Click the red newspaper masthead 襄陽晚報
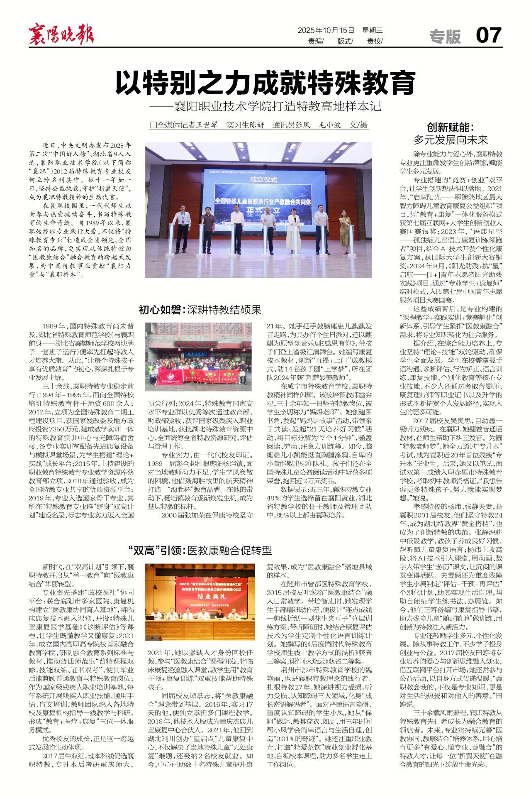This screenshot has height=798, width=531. pyautogui.click(x=61, y=34)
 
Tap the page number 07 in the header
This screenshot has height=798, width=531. pyautogui.click(x=488, y=35)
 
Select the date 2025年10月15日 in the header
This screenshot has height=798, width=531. pyautogui.click(x=326, y=30)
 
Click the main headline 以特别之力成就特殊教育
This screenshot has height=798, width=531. pyautogui.click(x=265, y=83)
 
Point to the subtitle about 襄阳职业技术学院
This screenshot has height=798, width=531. pyautogui.click(x=265, y=106)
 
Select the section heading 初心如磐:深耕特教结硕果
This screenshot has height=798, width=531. pyautogui.click(x=200, y=309)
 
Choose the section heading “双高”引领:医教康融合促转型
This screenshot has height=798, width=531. pyautogui.click(x=200, y=551)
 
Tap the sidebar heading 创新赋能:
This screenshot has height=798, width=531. pyautogui.click(x=451, y=127)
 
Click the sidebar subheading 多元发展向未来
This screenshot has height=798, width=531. pyautogui.click(x=451, y=140)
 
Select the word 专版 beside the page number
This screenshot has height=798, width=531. pyautogui.click(x=445, y=37)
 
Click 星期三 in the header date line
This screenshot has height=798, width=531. pyautogui.click(x=372, y=30)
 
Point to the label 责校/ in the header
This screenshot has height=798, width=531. pyautogui.click(x=375, y=41)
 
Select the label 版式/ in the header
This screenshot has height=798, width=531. pyautogui.click(x=345, y=41)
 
